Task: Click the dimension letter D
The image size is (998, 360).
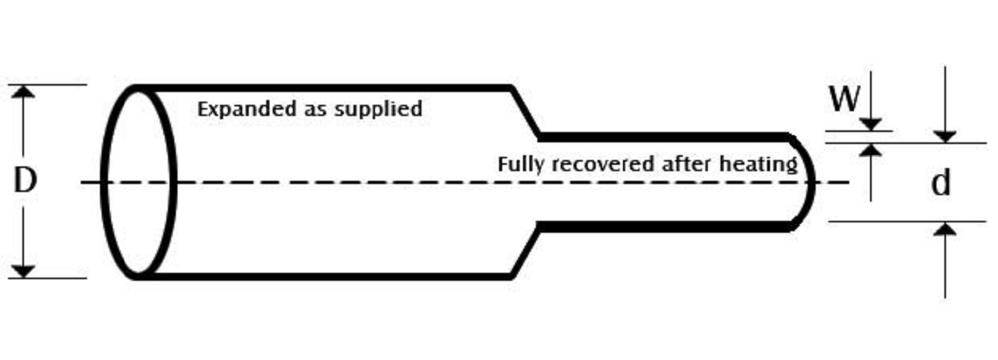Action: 25,182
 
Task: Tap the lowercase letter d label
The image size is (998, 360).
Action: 941,184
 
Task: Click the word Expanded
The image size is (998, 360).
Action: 236,109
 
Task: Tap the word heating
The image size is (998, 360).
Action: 759,166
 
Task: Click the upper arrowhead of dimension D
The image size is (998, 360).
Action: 25,91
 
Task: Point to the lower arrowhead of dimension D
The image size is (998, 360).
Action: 25,271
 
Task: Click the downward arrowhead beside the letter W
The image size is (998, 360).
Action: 872,123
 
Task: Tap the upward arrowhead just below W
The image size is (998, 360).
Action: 872,150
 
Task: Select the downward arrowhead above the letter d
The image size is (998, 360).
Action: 945,136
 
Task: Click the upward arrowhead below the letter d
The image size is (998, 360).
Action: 945,230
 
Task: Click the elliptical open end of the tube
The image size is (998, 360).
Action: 140,182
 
